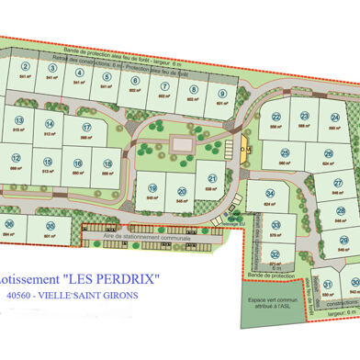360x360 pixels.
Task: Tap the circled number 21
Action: [x=212, y=179]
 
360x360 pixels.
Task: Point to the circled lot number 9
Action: [x=221, y=94]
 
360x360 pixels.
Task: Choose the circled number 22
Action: [x=276, y=117]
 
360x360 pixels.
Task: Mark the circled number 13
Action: [x=17, y=120]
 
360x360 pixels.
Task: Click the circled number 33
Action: [x=276, y=224]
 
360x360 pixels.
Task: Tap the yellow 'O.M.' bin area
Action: [x=244, y=149]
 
